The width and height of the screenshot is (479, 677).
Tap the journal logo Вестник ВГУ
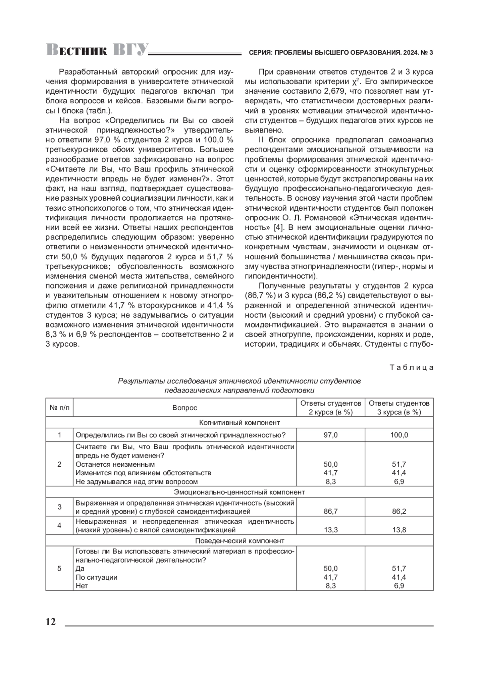(97, 50)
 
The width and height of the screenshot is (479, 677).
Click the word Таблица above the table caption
(411, 367)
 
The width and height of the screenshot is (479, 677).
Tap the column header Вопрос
(185, 408)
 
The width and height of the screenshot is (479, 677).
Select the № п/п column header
(59, 408)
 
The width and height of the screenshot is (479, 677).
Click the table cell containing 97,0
(331, 435)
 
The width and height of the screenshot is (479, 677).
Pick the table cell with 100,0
(399, 435)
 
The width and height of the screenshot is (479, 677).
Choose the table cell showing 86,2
(399, 511)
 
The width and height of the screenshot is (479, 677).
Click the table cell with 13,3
(331, 530)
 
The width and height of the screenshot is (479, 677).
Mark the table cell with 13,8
(399, 530)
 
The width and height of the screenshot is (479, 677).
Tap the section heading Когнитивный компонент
(239, 422)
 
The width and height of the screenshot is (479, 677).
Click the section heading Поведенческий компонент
(239, 541)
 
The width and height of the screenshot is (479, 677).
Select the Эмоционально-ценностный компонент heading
(239, 492)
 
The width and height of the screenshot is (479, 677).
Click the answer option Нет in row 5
(81, 586)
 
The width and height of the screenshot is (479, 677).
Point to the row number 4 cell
(59, 525)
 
